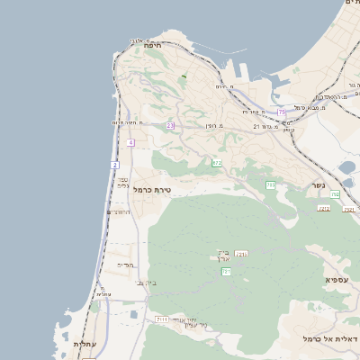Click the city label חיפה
(151, 45)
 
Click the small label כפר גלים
(122, 183)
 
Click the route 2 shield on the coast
(115, 166)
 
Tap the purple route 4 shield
(130, 142)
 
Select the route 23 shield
(170, 125)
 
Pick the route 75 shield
(282, 112)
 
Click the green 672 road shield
(216, 162)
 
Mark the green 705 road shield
(270, 184)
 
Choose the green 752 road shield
(335, 194)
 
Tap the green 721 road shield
(227, 271)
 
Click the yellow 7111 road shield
(162, 319)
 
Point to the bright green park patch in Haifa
(183, 76)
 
